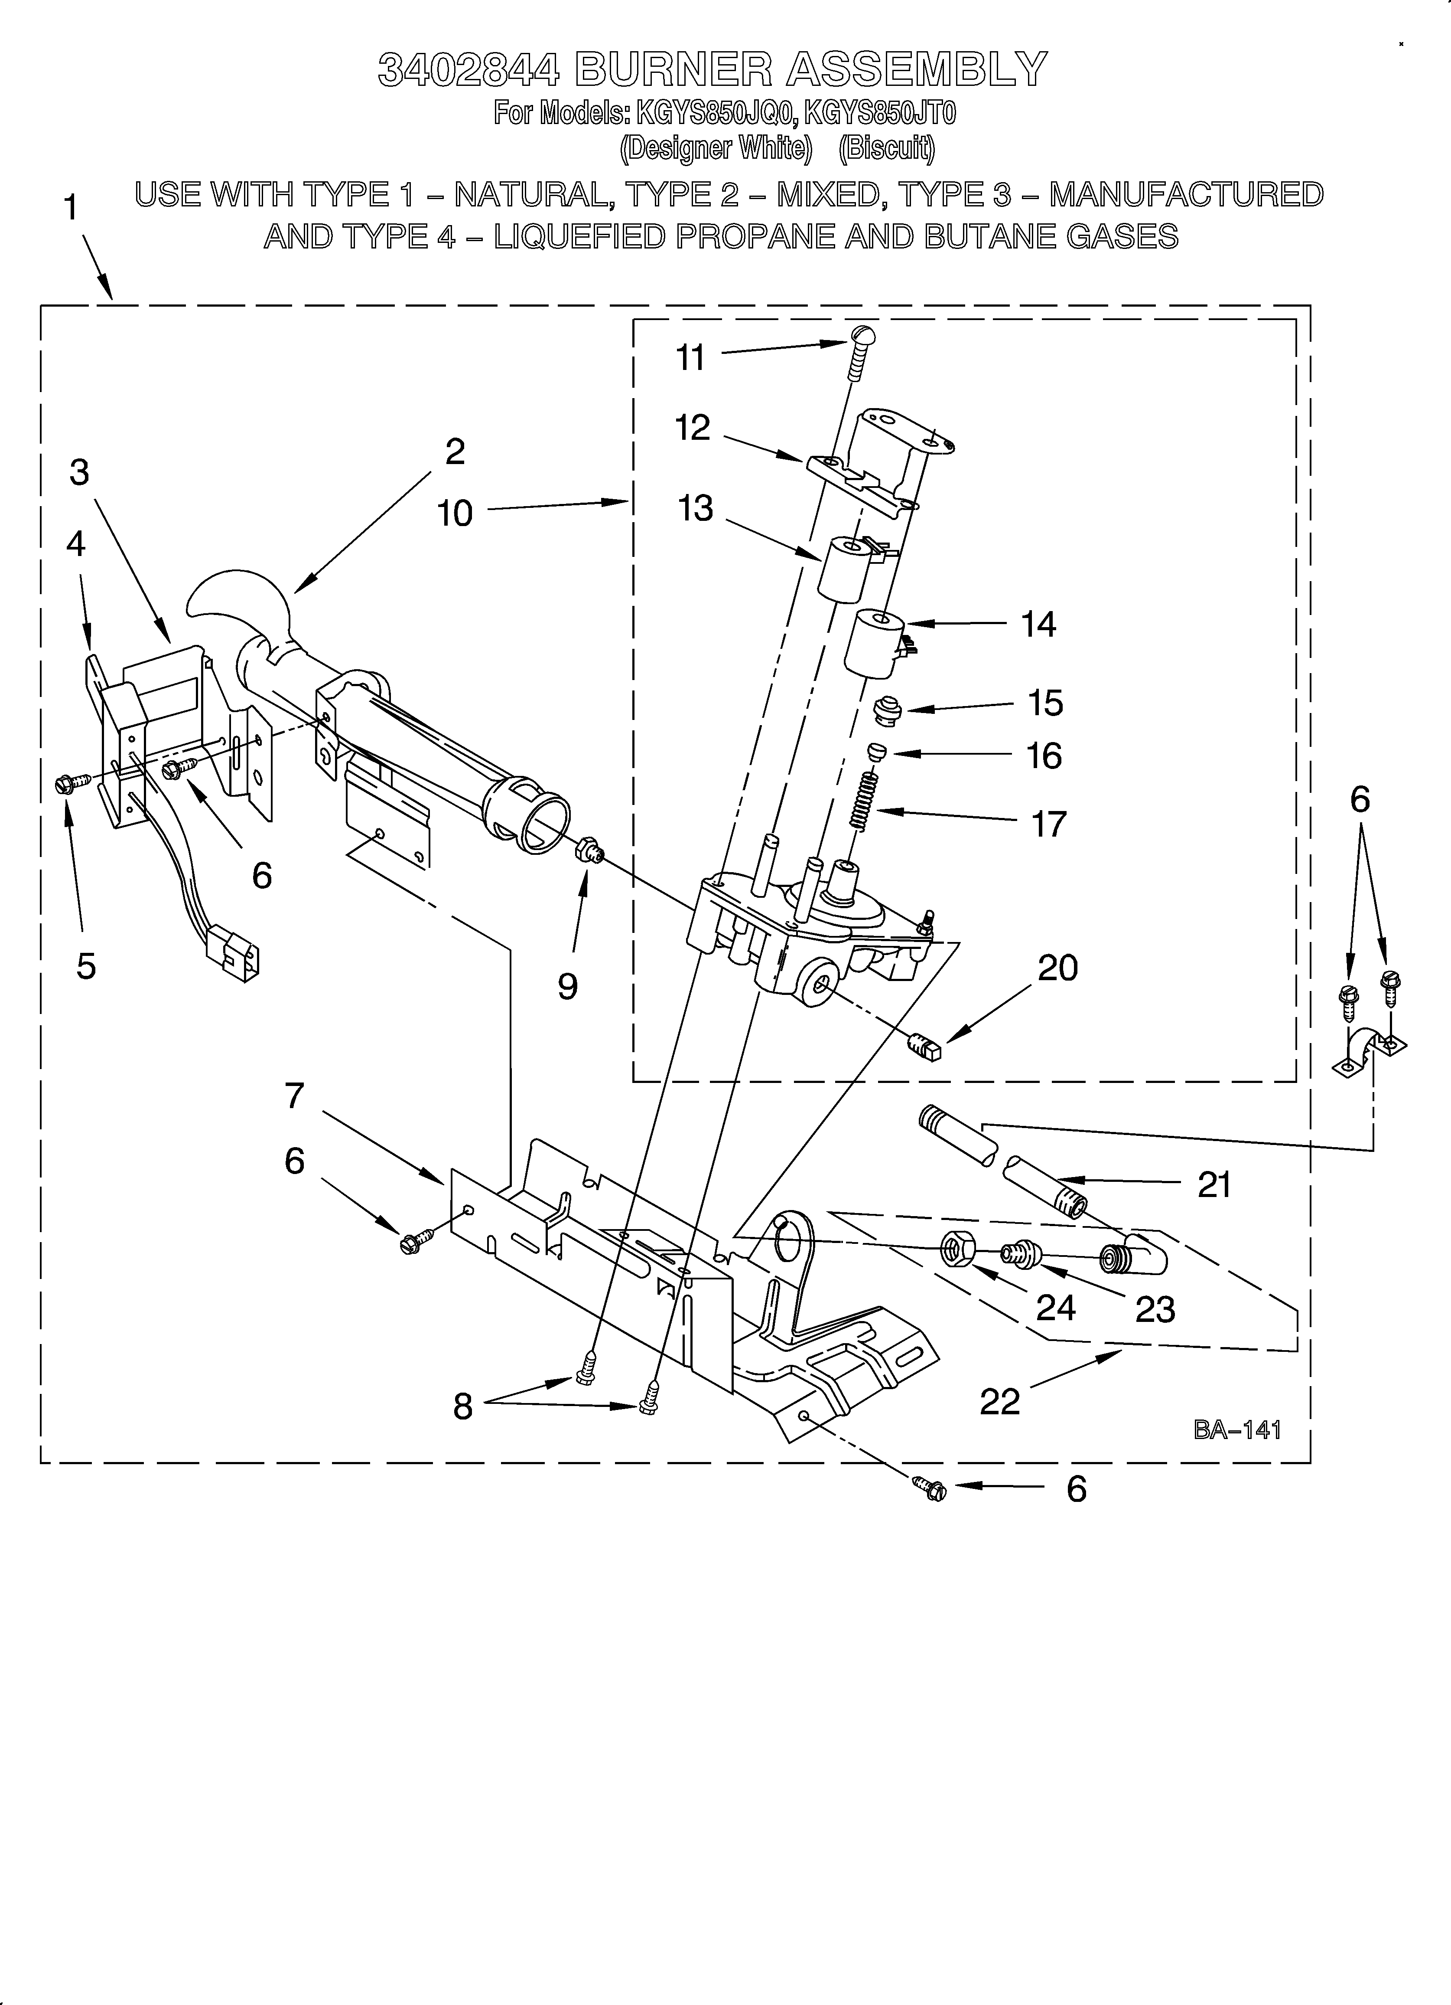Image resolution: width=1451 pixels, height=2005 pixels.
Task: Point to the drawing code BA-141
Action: coord(1237,1429)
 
